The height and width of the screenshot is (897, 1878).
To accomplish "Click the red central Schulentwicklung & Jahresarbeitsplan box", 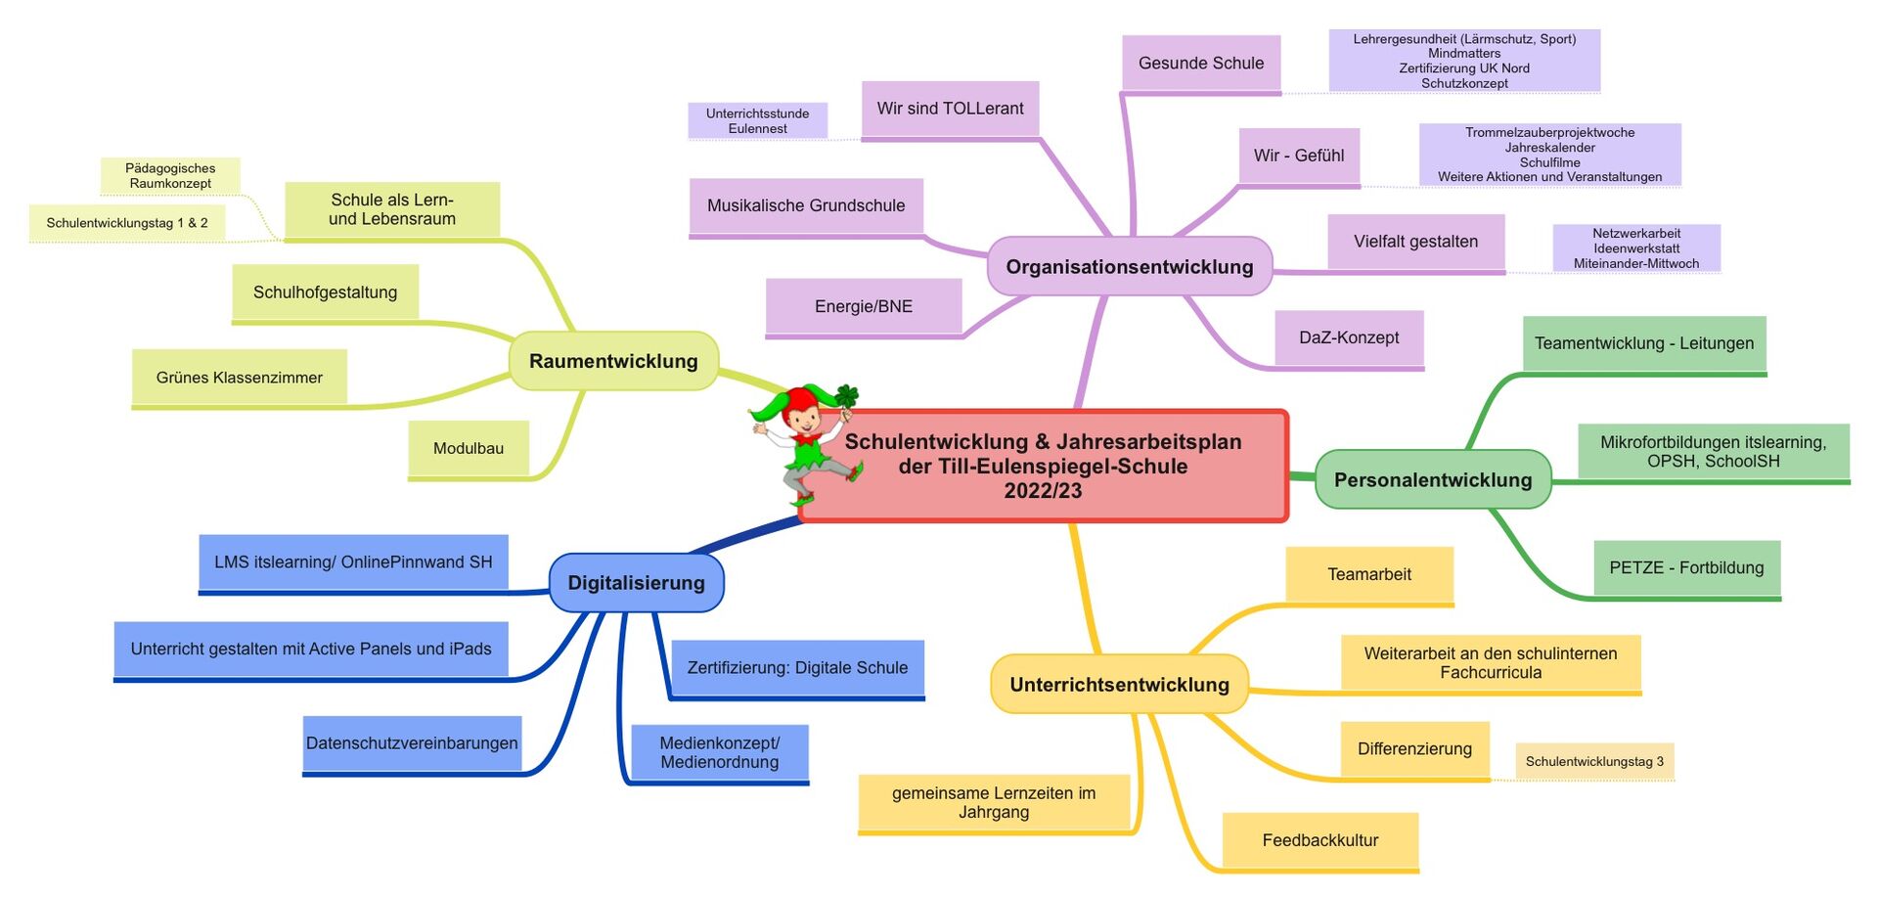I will click(1043, 467).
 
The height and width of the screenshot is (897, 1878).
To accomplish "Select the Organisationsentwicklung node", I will click(1129, 266).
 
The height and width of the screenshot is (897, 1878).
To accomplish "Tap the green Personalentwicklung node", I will click(1432, 479).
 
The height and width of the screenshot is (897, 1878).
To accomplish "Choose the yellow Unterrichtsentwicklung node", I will click(1119, 685).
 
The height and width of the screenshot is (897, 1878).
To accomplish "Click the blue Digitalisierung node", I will click(636, 583).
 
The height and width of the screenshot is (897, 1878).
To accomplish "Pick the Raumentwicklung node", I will click(613, 361).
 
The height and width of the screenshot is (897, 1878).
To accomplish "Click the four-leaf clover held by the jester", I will click(847, 396).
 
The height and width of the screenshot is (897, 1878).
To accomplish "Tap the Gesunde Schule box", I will click(1201, 64).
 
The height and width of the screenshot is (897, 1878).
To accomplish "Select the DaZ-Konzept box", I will click(1349, 337).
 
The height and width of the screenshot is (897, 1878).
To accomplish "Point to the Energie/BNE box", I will click(864, 306).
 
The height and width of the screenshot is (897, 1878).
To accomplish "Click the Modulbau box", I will click(469, 448).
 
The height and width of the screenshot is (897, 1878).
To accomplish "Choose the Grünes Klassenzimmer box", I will click(240, 378).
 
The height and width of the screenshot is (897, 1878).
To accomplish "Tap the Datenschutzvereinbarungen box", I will click(412, 743).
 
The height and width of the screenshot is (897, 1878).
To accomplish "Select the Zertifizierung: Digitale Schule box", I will click(797, 668).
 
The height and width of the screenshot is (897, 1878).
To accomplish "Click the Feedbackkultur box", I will click(1320, 840).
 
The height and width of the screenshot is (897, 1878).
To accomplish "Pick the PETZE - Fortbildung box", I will click(1686, 567).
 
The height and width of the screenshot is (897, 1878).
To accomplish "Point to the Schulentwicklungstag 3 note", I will click(1594, 761).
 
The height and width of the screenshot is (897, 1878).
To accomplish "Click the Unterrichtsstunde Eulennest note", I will click(757, 121).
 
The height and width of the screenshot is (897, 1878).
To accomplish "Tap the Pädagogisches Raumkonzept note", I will click(170, 176).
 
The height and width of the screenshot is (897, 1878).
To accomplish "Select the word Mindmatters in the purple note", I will click(1464, 54).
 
